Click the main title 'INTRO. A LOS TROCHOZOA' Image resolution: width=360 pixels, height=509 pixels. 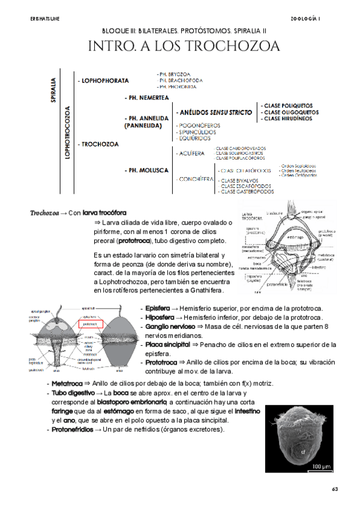(180, 47)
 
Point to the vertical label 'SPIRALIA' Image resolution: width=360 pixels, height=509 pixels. (54, 89)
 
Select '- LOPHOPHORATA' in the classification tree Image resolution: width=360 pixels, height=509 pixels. (103, 79)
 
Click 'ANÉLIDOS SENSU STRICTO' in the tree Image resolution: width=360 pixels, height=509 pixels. (214, 112)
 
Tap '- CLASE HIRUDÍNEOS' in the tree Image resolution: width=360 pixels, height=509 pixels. (286, 119)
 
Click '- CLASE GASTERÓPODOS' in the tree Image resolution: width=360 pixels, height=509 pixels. (245, 192)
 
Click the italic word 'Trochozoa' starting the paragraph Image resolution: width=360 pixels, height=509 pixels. (44, 212)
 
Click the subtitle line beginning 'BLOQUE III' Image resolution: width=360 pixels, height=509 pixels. (180, 29)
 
